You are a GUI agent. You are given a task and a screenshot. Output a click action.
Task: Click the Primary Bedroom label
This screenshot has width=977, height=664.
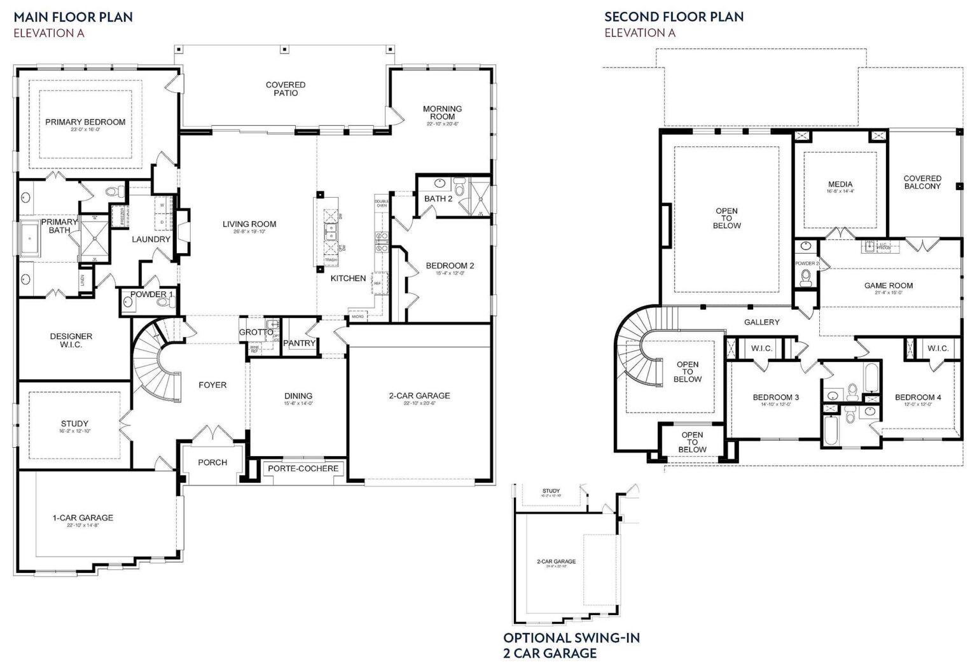(x=85, y=122)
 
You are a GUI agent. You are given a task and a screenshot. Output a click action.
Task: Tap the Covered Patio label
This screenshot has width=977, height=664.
(x=286, y=89)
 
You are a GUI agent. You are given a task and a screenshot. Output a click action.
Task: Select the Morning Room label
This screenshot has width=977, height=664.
(x=442, y=113)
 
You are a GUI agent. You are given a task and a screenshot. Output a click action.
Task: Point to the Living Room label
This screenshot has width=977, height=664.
(x=249, y=224)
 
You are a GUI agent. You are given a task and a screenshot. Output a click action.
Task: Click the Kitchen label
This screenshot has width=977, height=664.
(x=348, y=278)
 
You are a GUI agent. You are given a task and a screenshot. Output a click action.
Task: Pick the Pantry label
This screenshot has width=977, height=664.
(x=299, y=343)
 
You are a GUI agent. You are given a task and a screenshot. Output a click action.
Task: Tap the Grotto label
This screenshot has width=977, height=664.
(x=256, y=332)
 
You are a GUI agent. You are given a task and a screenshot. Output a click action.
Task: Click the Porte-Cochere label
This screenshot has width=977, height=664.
(x=303, y=469)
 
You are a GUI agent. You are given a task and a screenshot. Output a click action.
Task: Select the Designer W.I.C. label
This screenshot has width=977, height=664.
(x=71, y=340)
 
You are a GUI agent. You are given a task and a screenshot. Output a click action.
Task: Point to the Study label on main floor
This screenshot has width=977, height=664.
(x=74, y=424)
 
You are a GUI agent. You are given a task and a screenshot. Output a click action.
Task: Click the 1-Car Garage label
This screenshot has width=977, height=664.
(x=83, y=518)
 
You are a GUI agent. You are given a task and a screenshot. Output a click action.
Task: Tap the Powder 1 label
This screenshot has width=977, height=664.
(x=152, y=294)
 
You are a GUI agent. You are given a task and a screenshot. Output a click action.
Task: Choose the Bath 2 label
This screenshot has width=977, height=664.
(x=438, y=198)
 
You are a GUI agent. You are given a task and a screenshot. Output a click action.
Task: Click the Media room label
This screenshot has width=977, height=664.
(x=840, y=184)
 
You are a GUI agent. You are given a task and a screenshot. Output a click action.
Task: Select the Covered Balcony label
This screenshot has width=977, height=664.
(x=922, y=183)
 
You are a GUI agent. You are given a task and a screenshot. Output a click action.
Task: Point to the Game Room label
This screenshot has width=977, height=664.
(x=888, y=286)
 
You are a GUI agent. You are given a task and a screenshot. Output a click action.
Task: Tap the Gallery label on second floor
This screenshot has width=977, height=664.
(x=761, y=322)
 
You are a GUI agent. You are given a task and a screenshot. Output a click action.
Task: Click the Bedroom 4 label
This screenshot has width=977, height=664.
(x=918, y=398)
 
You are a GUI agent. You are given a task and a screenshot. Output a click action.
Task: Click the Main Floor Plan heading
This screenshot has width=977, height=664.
(x=73, y=17)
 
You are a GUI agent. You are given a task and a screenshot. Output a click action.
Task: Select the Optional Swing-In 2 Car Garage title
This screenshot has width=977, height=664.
(x=571, y=645)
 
